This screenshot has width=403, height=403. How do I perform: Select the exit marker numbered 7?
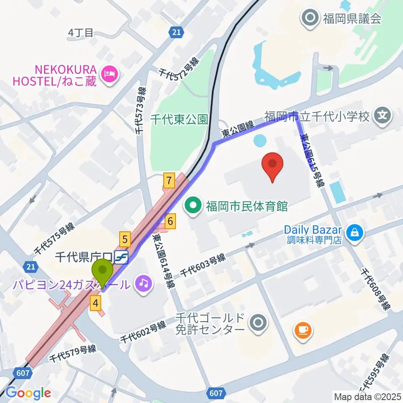(x=169, y=181)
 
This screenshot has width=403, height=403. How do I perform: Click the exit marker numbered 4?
(x=96, y=302)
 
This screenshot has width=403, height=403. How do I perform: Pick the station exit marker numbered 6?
(x=170, y=221)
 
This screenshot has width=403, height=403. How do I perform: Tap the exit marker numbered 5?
(x=125, y=239)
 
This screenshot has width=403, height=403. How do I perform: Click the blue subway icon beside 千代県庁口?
(x=122, y=255)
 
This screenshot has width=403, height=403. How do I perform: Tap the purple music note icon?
(x=144, y=284)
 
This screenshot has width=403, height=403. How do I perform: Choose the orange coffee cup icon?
(x=302, y=330)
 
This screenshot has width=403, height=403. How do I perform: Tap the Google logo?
(x=28, y=393)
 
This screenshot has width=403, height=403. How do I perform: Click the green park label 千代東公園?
(x=179, y=120)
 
